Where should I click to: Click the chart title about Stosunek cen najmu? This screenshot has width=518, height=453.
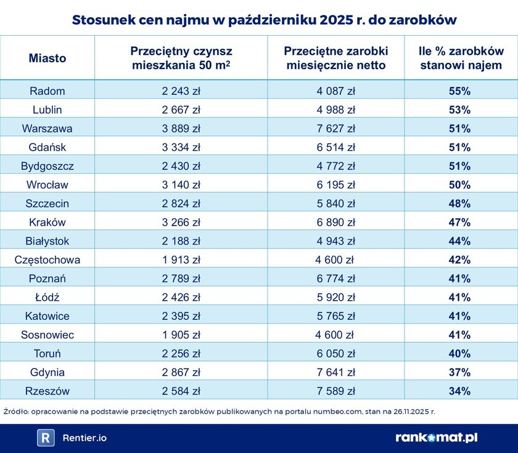pos(264,19)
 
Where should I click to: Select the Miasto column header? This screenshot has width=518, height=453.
pos(47,59)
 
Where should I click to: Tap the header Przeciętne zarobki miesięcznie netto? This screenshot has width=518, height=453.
pos(335,58)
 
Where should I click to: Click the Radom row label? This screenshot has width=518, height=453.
pos(47,91)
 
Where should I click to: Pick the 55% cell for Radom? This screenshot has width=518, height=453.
pos(459,91)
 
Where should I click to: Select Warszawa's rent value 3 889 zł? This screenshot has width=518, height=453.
pos(181,129)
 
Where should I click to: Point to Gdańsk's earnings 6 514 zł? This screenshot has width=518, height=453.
pos(335,147)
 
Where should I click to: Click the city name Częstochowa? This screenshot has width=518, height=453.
pos(47,260)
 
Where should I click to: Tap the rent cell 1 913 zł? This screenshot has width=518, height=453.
pos(181,260)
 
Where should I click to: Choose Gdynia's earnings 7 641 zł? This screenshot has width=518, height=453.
pos(335,372)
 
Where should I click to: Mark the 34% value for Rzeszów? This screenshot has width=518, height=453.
pos(459,391)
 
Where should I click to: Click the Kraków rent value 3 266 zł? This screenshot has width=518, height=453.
pos(181,222)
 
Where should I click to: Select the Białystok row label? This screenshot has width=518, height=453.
pos(47,241)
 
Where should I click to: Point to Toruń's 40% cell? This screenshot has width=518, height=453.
pos(459,354)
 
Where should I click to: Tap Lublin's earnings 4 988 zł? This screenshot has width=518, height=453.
pos(335,110)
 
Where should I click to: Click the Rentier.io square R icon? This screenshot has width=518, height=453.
pos(46,438)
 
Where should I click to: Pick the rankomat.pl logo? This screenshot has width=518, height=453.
pos(436,438)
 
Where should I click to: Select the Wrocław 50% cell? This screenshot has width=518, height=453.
pos(459,185)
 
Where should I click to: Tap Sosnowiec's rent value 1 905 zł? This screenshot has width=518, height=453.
pos(181,335)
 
